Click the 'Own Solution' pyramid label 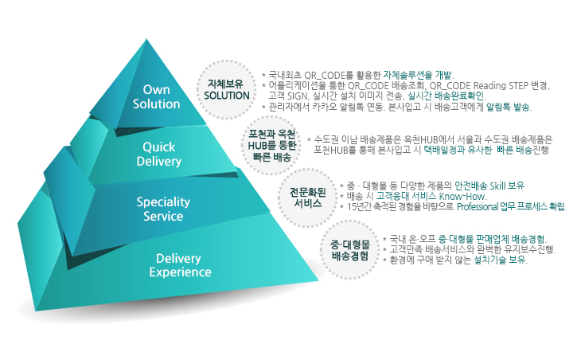[x=156, y=96]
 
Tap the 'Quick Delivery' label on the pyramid [x=159, y=154]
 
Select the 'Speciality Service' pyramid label [x=163, y=209]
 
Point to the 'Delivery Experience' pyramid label [x=180, y=265]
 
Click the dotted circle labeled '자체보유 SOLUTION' [x=226, y=90]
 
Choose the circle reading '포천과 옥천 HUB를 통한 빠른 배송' [x=271, y=145]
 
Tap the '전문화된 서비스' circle [x=307, y=198]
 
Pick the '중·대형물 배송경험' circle [x=349, y=249]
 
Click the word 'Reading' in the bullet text [x=489, y=86]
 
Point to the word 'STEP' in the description [x=518, y=86]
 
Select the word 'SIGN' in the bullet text [x=298, y=96]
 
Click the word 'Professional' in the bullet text [x=478, y=206]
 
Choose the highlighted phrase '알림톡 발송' [x=508, y=108]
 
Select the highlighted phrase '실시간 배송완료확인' [x=446, y=96]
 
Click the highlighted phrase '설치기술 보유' [x=500, y=260]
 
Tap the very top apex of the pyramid [x=146, y=39]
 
